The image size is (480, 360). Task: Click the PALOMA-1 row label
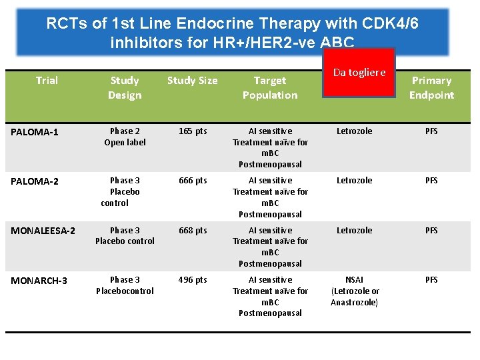point(35,132)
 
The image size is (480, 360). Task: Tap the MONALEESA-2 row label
point(43,231)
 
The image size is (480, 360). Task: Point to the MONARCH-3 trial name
point(39,280)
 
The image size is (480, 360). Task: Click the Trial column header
point(47,81)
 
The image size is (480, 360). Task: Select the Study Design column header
point(125,87)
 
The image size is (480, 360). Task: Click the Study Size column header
point(192,81)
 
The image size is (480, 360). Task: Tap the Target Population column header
point(270,87)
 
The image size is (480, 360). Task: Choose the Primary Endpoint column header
point(431,87)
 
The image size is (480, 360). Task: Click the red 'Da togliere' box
point(359,73)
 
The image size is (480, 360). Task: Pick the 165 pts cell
point(193,131)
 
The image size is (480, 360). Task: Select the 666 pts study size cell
point(193,181)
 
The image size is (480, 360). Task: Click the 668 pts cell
point(193,231)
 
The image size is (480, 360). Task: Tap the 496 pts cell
point(193,280)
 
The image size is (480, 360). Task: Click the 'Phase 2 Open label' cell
point(125,137)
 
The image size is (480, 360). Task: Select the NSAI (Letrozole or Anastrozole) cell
point(354,291)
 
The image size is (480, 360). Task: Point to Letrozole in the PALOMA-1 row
point(354,131)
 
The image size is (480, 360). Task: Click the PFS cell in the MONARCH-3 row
point(431,280)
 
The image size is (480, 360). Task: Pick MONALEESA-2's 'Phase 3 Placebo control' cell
point(125,235)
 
